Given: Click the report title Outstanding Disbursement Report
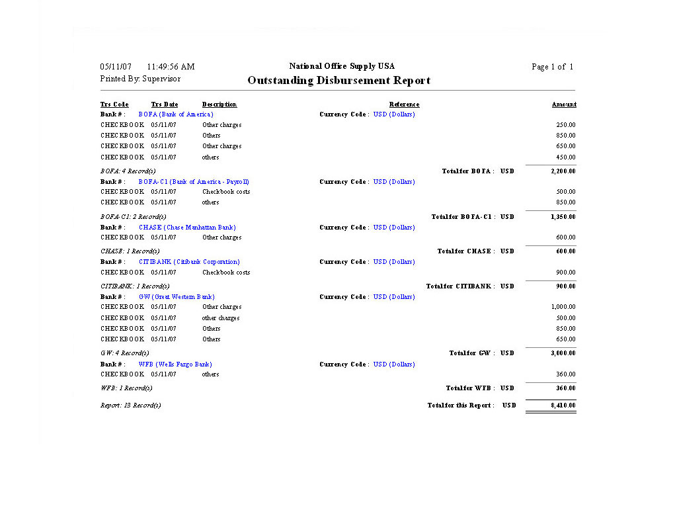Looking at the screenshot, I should click(x=338, y=81).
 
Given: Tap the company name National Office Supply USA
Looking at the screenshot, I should click(x=342, y=66).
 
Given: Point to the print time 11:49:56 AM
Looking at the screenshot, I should click(x=171, y=67).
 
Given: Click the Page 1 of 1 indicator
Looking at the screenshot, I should click(x=552, y=67).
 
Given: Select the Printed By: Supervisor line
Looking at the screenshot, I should click(x=140, y=79).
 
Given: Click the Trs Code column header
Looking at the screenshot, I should click(x=114, y=105).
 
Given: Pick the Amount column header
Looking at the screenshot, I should click(x=564, y=105).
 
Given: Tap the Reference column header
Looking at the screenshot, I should click(x=404, y=105).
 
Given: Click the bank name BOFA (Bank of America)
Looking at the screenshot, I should click(x=176, y=114).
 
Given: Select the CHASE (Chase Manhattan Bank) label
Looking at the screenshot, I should click(x=187, y=228).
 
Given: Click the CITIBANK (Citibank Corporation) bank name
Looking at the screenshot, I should click(x=189, y=262).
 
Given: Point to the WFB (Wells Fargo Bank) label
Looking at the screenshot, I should click(x=175, y=364).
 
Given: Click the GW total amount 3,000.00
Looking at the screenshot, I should click(x=563, y=353).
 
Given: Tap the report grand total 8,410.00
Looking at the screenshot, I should click(x=563, y=405).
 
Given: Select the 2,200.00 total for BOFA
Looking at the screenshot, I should click(x=563, y=171).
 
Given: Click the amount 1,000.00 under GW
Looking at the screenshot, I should click(x=563, y=307).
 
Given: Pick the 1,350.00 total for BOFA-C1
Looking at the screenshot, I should click(x=563, y=217).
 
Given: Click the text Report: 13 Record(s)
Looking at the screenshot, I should click(x=130, y=405).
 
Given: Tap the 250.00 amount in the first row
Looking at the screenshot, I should click(x=566, y=125).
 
